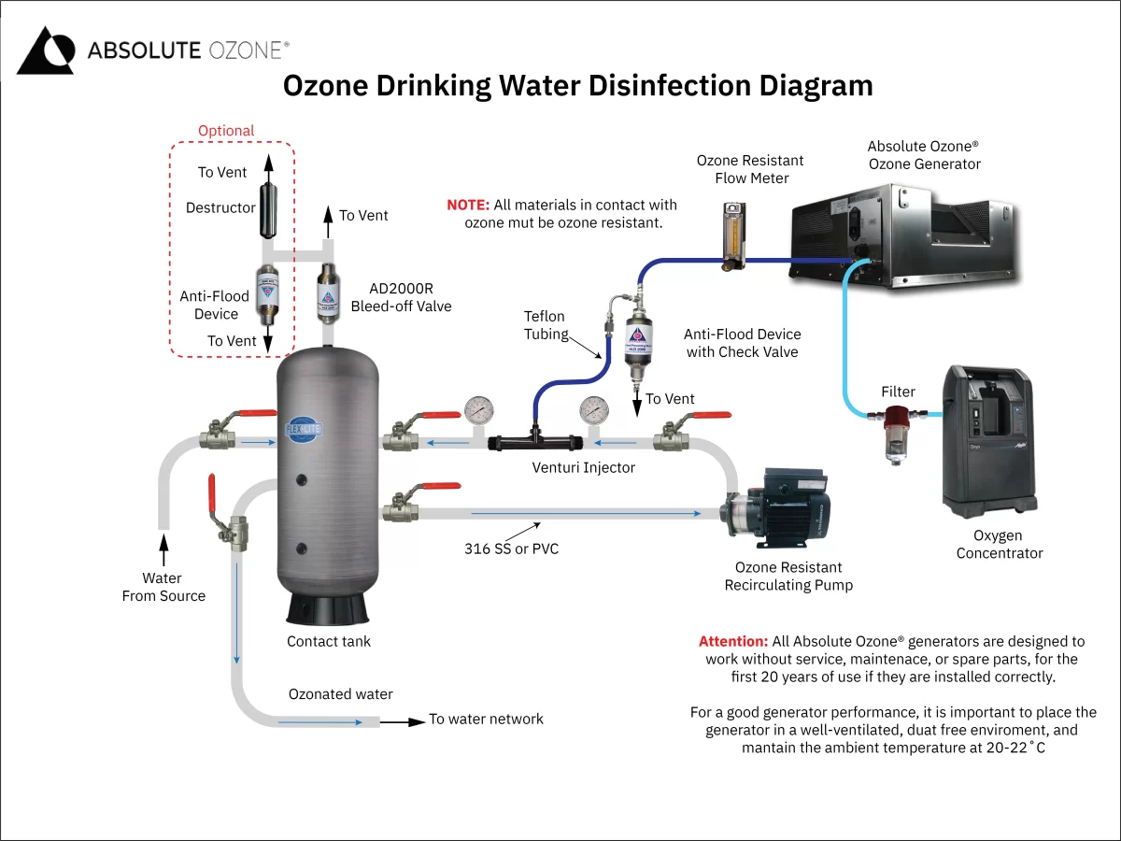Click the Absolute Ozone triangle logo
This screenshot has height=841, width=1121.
pos(45,50)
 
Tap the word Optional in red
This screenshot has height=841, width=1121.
pos(226,131)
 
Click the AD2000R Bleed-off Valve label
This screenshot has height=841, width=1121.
pos(401,297)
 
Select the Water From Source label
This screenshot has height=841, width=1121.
pos(163,587)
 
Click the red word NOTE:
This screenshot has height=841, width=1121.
pos(467,205)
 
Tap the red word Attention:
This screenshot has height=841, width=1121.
pos(732,642)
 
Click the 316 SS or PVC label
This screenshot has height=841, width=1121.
pos(511,549)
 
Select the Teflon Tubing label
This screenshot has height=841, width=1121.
pos(545,325)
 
